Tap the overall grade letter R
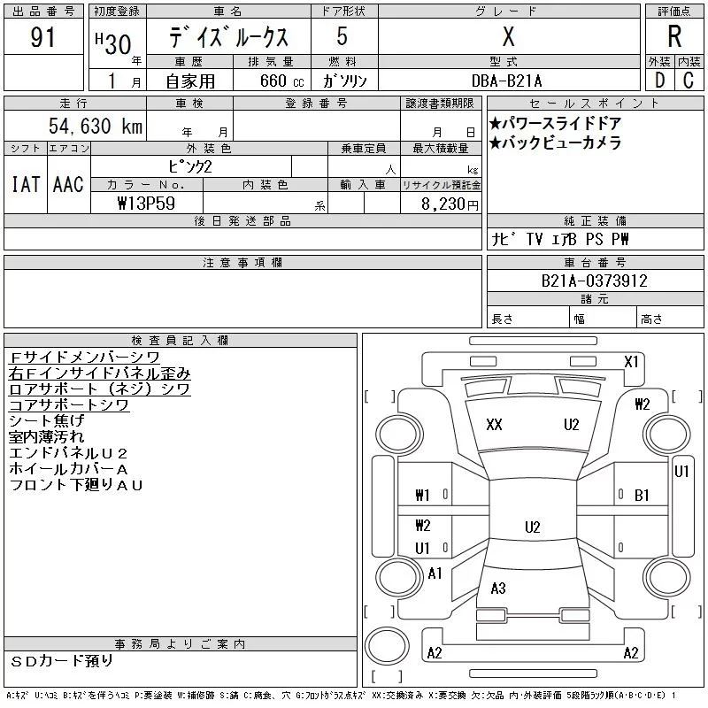pos(674,38)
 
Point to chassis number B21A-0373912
pos(595,281)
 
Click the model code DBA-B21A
pos(509,81)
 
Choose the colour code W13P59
pos(145,204)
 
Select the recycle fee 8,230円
pos(450,204)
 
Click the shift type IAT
pos(24,185)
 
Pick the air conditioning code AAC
pos(68,185)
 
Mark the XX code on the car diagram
pos(494,425)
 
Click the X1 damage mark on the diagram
pos(631,361)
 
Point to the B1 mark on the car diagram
pos(643,496)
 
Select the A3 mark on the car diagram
pos(498,589)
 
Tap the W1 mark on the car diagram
pos(423,496)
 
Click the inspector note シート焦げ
pos(46,420)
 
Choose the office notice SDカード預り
pos(62,661)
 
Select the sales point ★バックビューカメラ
pos(555,142)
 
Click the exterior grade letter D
pos(659,81)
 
